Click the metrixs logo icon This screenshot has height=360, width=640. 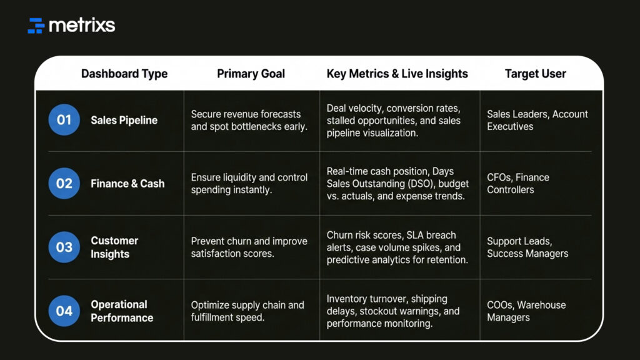pyautogui.click(x=36, y=26)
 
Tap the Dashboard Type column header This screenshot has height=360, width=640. pyautogui.click(x=124, y=74)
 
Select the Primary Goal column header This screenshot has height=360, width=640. pyautogui.click(x=251, y=74)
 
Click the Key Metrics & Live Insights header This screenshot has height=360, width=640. pyautogui.click(x=397, y=74)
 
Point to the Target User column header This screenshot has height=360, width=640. pyautogui.click(x=535, y=74)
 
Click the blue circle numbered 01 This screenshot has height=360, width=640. pyautogui.click(x=64, y=120)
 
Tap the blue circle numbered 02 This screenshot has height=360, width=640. pyautogui.click(x=64, y=184)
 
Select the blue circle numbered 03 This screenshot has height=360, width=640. pyautogui.click(x=64, y=247)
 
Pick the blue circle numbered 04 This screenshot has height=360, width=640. pyautogui.click(x=64, y=311)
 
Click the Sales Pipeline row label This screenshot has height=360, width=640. pyautogui.click(x=124, y=120)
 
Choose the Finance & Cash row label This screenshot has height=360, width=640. pyautogui.click(x=127, y=184)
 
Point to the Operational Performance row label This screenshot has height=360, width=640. pyautogui.click(x=122, y=311)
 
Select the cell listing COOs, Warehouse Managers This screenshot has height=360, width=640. pyautogui.click(x=526, y=311)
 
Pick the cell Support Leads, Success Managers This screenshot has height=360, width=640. pyautogui.click(x=527, y=247)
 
